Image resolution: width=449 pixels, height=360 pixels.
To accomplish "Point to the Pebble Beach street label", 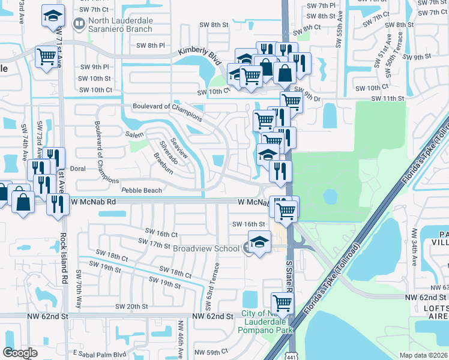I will (142, 190).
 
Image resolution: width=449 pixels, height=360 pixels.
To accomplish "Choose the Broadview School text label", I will (206, 248).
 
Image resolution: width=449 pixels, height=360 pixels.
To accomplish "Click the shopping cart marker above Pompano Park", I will (282, 302).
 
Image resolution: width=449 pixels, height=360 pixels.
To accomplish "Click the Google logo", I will (20, 353).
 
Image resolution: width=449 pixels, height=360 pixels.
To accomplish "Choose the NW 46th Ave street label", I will (179, 339).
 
